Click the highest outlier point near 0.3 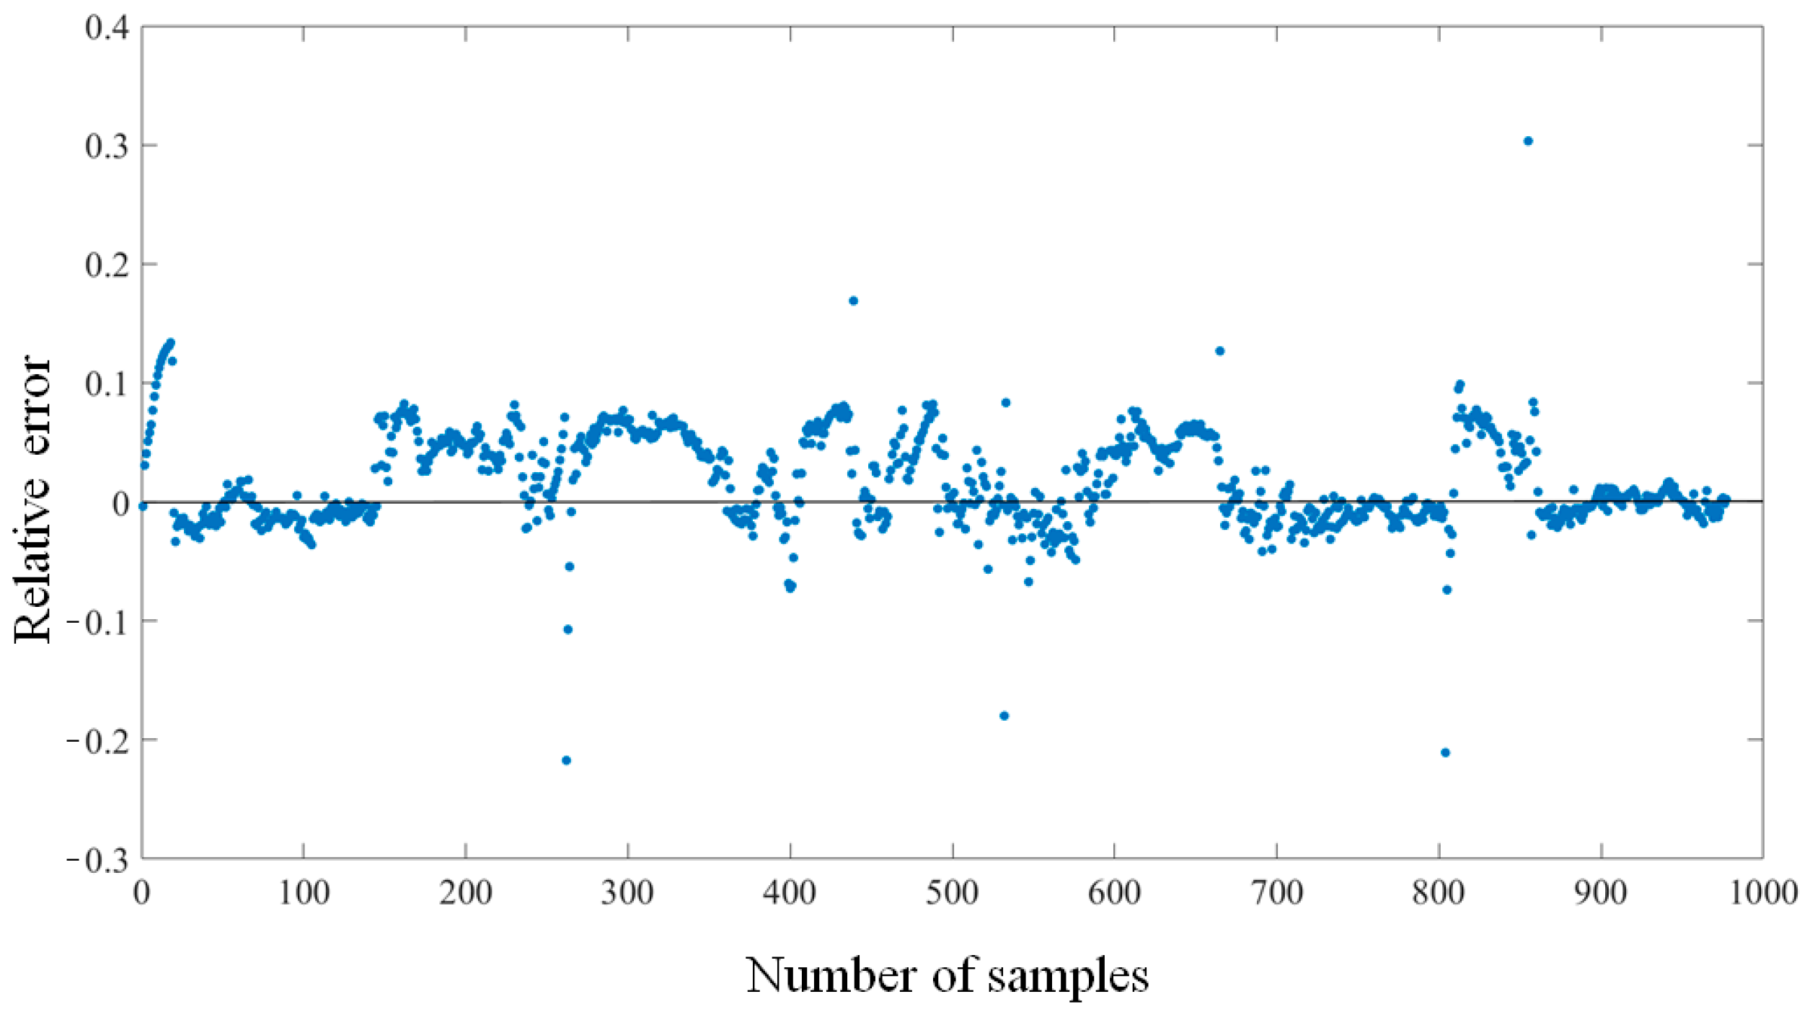coord(1528,141)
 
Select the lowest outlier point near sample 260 coord(566,760)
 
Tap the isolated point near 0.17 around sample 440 coord(853,301)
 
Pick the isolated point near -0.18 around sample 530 coord(1004,716)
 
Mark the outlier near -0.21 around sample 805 coord(1445,753)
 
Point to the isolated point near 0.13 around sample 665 coord(1219,351)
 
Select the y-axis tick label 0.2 coord(107,265)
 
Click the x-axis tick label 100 coord(304,893)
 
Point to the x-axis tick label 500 coord(953,893)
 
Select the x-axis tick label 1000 coord(1764,893)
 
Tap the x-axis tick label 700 coord(1277,893)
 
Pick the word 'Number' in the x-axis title coord(827,975)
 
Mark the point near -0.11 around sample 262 coord(568,630)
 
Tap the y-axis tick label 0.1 coord(107,383)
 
